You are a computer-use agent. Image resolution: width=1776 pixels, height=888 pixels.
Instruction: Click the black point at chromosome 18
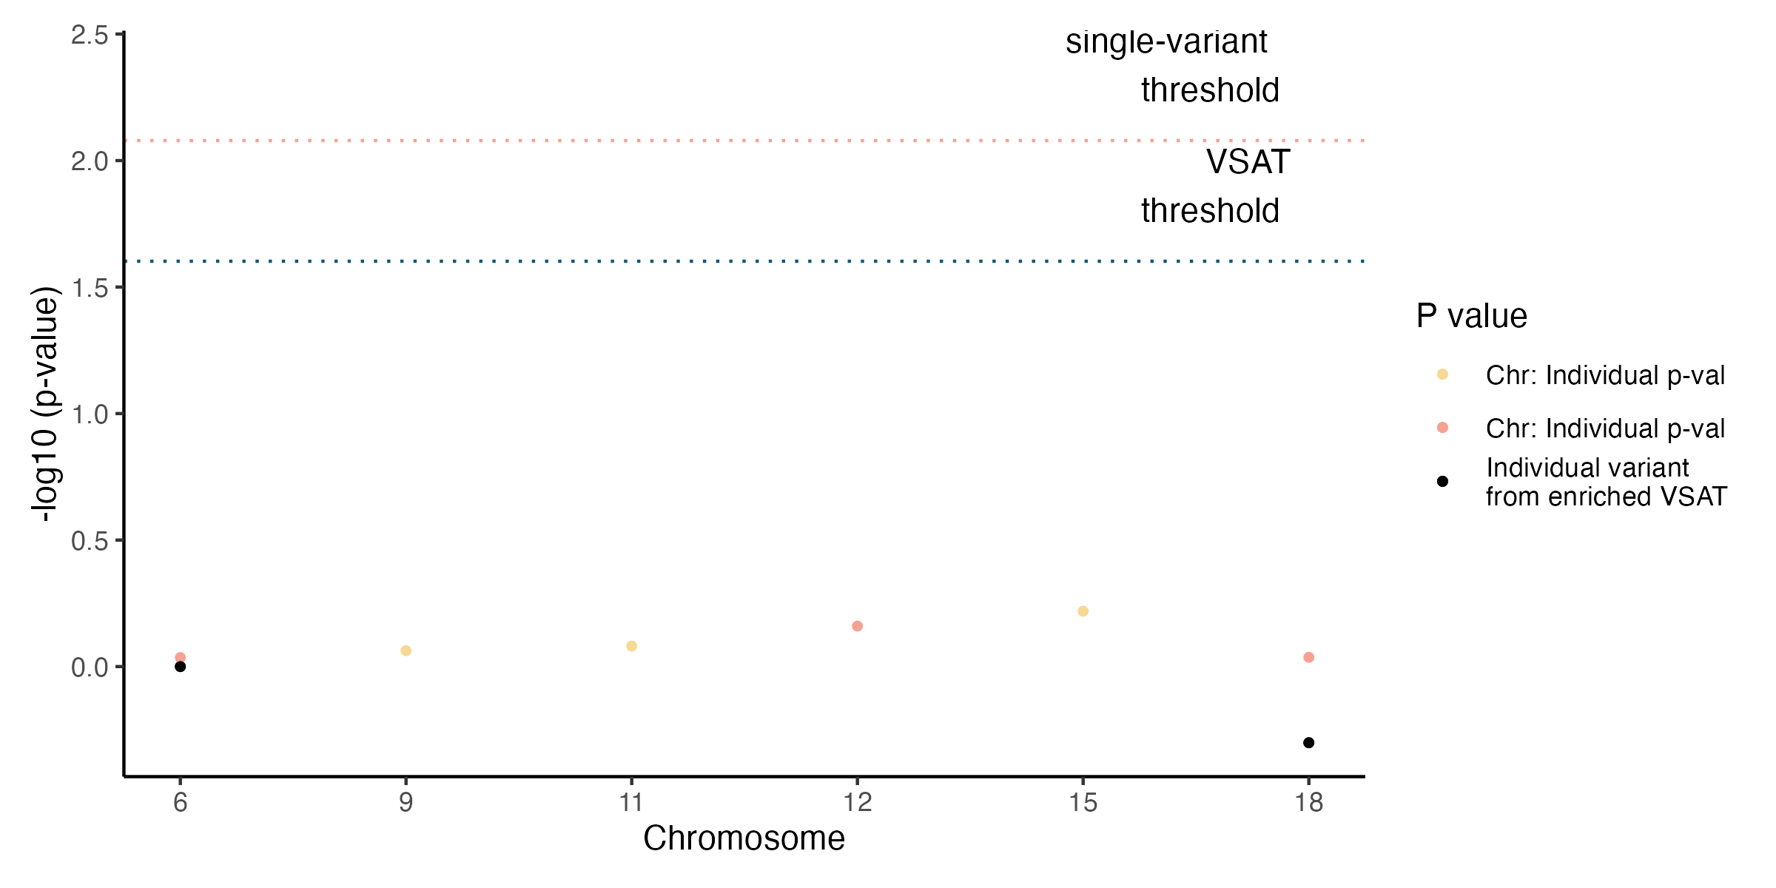(1308, 742)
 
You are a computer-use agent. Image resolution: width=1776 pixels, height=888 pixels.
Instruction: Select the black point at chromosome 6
(180, 667)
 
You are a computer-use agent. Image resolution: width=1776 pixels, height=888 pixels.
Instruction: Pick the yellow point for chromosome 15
(1083, 611)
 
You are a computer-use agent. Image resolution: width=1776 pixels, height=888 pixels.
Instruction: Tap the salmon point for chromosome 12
(857, 626)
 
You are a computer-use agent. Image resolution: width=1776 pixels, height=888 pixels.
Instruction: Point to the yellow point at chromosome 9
(406, 650)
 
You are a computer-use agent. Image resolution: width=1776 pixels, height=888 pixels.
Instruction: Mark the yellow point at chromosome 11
(631, 646)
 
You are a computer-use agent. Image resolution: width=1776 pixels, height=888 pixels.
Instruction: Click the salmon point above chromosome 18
(1308, 657)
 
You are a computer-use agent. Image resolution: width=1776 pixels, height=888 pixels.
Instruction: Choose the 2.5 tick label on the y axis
(90, 36)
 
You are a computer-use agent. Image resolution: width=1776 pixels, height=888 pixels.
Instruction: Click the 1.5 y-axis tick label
(90, 289)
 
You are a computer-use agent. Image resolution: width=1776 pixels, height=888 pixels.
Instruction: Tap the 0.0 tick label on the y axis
(90, 667)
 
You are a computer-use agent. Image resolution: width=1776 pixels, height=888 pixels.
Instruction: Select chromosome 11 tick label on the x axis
(631, 802)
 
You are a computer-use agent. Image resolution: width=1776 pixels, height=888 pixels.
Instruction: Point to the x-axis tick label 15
(1083, 802)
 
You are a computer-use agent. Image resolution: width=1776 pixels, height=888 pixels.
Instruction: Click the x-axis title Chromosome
(744, 838)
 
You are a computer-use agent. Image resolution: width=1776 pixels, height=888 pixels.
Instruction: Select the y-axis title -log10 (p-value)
(46, 404)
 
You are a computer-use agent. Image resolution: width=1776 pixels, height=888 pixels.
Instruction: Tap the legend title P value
(1471, 316)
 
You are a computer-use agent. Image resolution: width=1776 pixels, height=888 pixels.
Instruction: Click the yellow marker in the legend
(1442, 374)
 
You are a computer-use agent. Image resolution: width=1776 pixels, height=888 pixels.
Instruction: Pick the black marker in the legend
(1442, 482)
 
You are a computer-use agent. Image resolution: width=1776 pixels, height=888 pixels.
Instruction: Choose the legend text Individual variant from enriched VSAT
(1606, 482)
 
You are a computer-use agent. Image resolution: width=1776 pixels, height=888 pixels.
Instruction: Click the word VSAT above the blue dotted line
(1248, 162)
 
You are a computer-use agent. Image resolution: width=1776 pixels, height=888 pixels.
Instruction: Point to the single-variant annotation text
(1166, 42)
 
